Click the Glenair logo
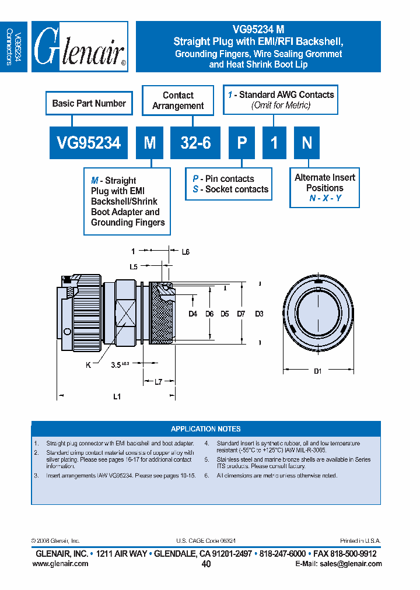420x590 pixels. (80, 47)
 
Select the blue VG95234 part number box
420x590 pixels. (89, 143)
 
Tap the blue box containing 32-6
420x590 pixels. (195, 143)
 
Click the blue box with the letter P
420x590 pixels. (242, 143)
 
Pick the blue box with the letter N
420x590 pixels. (307, 143)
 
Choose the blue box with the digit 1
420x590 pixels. (274, 143)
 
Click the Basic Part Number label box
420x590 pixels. (89, 104)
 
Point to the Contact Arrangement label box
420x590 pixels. (178, 101)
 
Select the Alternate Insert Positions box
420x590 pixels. (325, 188)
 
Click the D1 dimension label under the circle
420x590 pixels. (318, 371)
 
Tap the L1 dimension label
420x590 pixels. (116, 396)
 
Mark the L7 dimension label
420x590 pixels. (158, 382)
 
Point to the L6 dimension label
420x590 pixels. (185, 252)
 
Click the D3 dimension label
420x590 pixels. (259, 314)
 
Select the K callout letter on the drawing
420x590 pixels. (88, 365)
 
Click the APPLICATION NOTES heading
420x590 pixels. (205, 429)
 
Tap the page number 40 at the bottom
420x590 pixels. (206, 564)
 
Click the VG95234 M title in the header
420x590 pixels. (258, 29)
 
